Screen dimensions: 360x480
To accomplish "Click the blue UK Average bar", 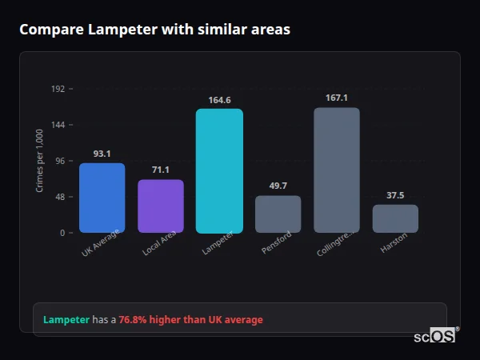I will point(102,198).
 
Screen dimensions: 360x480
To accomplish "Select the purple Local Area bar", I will point(161,206).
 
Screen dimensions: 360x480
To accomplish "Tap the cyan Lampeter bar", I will point(219,170).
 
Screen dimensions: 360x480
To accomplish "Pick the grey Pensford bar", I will point(278,214).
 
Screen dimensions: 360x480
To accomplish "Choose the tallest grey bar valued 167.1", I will point(336,170).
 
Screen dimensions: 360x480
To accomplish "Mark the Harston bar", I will point(395,218).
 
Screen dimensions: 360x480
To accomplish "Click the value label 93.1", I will point(102,154).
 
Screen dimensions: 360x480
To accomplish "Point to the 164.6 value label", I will point(219,100).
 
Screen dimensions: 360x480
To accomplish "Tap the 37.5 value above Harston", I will point(395,195).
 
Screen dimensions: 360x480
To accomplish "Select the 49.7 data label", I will point(278,186).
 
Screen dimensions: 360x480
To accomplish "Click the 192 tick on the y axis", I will point(58,89).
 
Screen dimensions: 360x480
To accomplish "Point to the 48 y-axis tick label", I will point(59,197).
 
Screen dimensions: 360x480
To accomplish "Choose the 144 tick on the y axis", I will point(58,125).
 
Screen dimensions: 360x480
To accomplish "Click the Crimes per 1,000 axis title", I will point(40,161).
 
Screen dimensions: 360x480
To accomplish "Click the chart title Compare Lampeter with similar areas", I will point(154,30).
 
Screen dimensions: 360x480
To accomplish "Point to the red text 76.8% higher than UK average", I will point(190,320).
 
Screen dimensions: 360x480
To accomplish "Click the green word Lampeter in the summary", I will point(66,320).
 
